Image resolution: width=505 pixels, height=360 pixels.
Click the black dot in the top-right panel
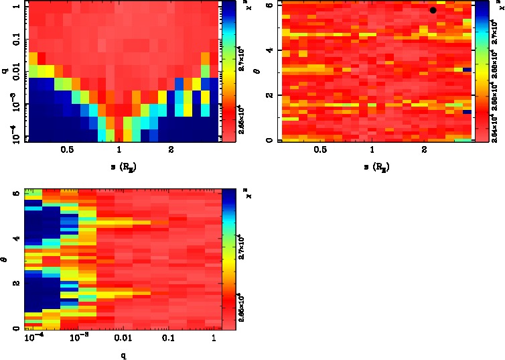click(x=433, y=10)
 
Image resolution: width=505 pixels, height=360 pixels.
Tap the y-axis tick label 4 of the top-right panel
click(x=268, y=50)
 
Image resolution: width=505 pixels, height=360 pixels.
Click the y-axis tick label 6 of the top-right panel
click(x=268, y=5)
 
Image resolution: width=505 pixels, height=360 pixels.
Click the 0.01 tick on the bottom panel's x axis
click(x=122, y=339)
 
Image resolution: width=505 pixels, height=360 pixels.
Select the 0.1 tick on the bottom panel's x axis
click(x=169, y=339)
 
